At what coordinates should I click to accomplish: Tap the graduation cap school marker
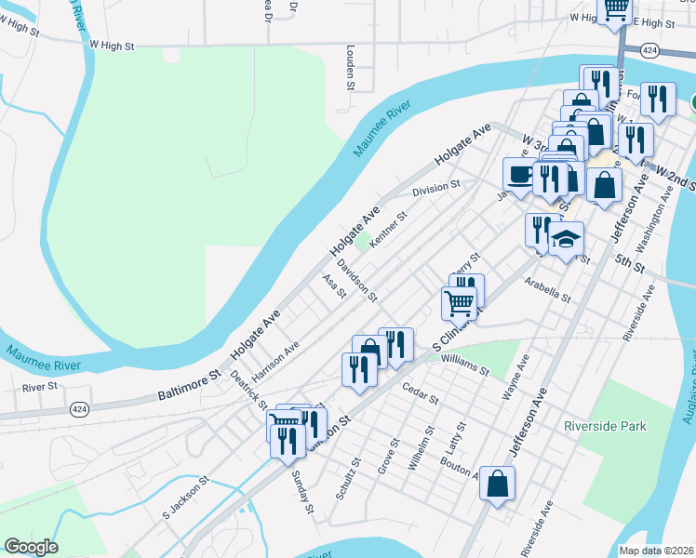pyautogui.click(x=566, y=240)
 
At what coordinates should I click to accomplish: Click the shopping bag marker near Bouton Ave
pyautogui.click(x=498, y=484)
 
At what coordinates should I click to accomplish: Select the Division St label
pyautogui.click(x=436, y=189)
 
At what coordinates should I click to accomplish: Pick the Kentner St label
pyautogui.click(x=389, y=230)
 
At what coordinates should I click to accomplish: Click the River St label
pyautogui.click(x=40, y=386)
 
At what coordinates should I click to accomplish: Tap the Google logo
pyautogui.click(x=31, y=546)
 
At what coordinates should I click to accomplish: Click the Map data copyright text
pyautogui.click(x=656, y=551)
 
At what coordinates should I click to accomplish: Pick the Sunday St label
pyautogui.click(x=301, y=492)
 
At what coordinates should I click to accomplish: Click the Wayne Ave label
pyautogui.click(x=517, y=376)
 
